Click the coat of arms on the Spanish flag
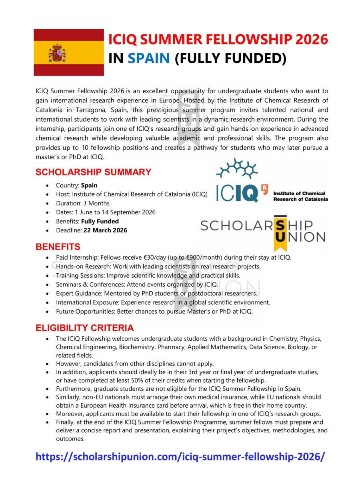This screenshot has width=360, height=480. click(57, 53)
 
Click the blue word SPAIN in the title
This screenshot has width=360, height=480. click(149, 58)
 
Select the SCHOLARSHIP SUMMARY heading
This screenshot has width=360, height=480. click(93, 172)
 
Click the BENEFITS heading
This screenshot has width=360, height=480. click(58, 247)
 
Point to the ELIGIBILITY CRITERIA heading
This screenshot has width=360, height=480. click(84, 328)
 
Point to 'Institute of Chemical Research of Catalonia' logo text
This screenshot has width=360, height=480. click(300, 196)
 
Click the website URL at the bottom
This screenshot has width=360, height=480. click(180, 456)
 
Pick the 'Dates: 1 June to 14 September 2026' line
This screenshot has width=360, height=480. click(106, 212)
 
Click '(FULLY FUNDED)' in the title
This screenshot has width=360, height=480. click(230, 58)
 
